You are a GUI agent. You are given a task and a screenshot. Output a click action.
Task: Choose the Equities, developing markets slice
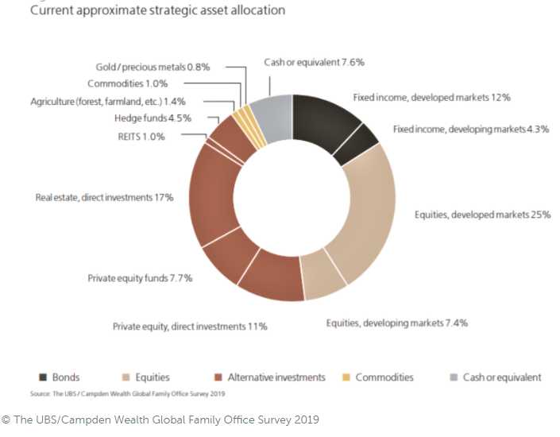322,278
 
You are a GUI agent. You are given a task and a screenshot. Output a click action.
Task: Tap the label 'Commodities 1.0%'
133,84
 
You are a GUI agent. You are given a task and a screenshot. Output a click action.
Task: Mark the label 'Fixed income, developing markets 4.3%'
471,129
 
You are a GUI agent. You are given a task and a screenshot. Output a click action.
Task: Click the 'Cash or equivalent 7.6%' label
314,62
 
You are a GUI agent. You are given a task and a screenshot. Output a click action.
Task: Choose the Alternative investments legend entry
269,377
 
